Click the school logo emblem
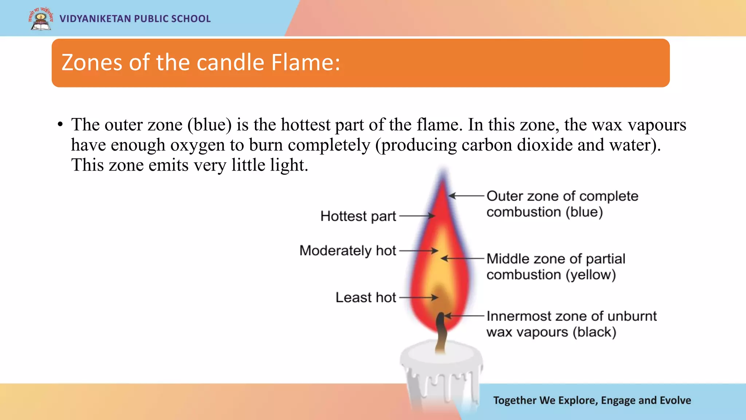[40, 19]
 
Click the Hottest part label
[358, 216]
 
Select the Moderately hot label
[348, 251]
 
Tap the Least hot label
[366, 297]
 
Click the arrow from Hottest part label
[417, 216]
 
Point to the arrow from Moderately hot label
[419, 251]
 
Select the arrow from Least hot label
[419, 297]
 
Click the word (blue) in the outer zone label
[584, 212]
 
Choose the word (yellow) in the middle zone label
[590, 275]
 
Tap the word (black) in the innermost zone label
[594, 332]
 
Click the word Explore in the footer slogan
[577, 400]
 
